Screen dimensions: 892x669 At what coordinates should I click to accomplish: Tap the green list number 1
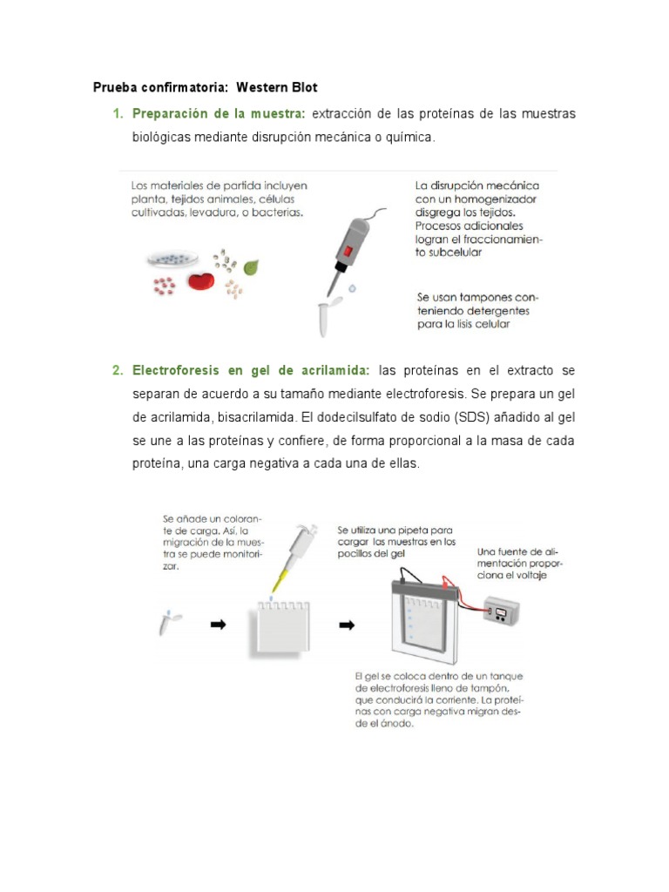pyautogui.click(x=116, y=114)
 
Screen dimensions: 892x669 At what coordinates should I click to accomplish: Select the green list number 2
pyautogui.click(x=116, y=371)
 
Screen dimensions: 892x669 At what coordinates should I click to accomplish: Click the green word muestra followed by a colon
pyautogui.click(x=278, y=114)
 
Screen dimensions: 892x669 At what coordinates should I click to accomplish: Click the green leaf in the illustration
pyautogui.click(x=250, y=267)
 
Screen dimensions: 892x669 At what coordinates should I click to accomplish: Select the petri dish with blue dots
pyautogui.click(x=172, y=258)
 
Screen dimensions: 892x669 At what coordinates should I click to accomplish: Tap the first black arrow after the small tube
pyautogui.click(x=218, y=625)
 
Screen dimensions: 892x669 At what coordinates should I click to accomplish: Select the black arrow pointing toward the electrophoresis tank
pyautogui.click(x=347, y=625)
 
